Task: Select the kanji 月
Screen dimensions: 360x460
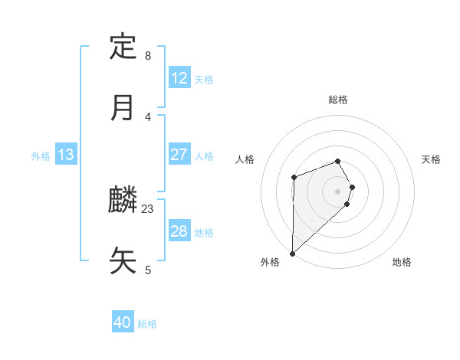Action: pos(123,107)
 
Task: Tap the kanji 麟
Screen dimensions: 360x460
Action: pos(123,201)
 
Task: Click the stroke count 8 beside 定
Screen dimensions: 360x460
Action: pos(148,56)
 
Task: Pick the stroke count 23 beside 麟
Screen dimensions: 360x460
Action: pos(148,208)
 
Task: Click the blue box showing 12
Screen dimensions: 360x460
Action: pos(179,78)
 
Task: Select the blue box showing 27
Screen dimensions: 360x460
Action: pos(179,155)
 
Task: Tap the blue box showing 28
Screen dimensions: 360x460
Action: pos(179,231)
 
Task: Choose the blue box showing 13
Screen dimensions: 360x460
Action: pos(66,155)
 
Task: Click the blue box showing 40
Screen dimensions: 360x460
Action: pos(123,323)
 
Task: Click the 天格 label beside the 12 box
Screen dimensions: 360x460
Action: pos(204,79)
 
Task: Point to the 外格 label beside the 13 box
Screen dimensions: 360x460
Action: pos(41,155)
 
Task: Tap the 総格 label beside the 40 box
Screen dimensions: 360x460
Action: pos(147,324)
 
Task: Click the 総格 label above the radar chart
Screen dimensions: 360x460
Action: pos(338,100)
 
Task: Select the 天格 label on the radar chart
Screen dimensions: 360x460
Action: pos(432,159)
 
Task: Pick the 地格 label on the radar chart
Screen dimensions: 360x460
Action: pos(402,262)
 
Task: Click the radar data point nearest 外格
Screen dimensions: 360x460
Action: pos(292,253)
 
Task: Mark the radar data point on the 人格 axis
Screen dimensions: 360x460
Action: pos(294,178)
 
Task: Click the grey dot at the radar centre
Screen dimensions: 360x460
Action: pos(338,191)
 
